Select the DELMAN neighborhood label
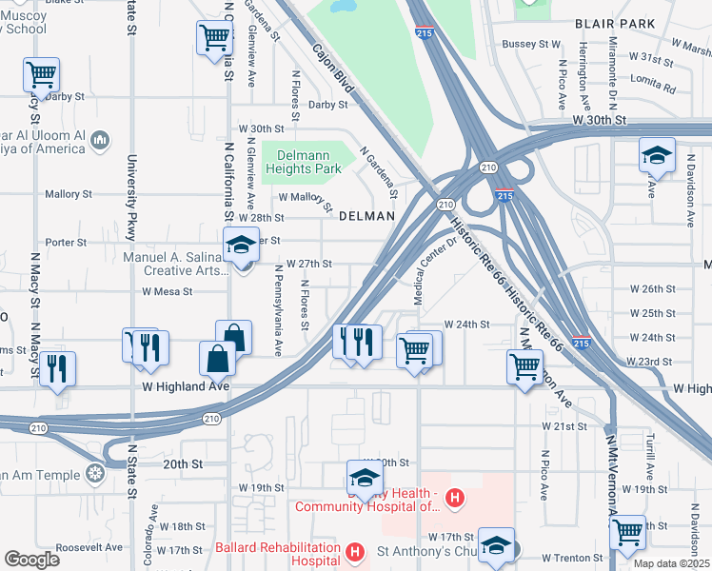coord(366,216)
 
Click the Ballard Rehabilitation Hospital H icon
coord(355,551)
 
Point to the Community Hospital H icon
coord(455,498)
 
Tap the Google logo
coord(32,560)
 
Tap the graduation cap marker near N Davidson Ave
coord(657,154)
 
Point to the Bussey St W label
coord(531,44)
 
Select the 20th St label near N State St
coord(183,463)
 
